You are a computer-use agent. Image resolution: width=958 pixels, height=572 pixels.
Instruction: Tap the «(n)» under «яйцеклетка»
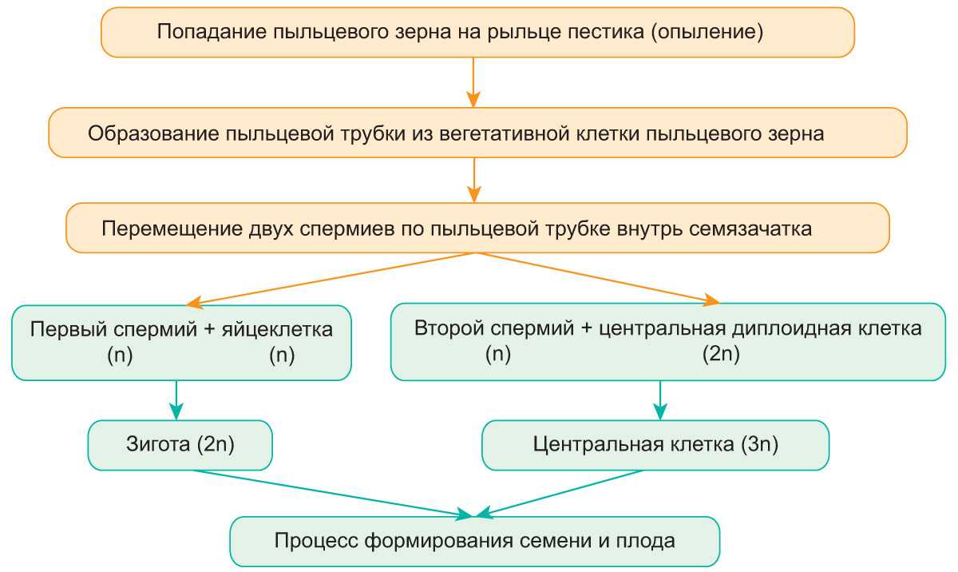click(282, 356)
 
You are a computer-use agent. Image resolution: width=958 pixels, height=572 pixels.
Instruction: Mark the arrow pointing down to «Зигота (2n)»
click(176, 399)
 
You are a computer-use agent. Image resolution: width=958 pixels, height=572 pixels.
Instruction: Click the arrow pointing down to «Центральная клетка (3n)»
click(660, 400)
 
